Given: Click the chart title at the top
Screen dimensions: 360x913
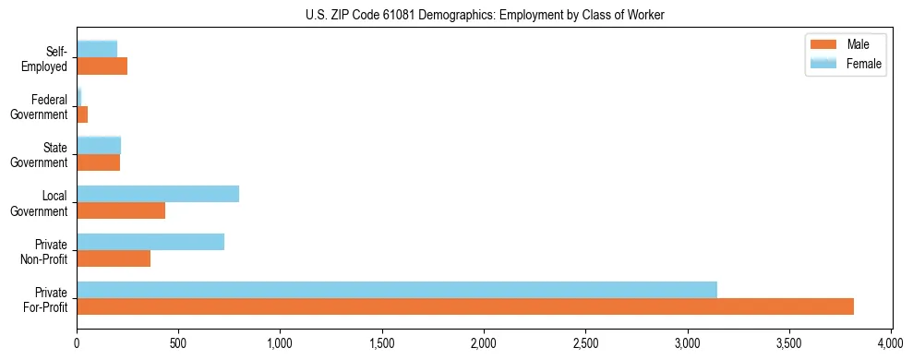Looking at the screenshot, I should coord(484,16).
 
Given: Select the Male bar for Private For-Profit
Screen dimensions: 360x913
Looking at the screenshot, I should coord(465,306).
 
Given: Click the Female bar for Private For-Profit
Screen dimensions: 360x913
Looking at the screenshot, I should coord(397,290).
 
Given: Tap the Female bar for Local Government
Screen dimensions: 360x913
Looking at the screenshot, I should coord(158,194).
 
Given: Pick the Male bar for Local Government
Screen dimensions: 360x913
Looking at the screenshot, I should coord(121,210).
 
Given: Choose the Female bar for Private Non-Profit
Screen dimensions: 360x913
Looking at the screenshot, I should coord(150,242).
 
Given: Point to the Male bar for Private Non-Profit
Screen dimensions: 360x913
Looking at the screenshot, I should coord(114,258).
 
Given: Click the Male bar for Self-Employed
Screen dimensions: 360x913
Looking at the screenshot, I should coord(102,66).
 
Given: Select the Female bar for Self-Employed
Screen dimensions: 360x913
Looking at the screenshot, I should coord(97,50).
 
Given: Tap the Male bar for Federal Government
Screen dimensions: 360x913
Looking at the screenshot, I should coord(82,114).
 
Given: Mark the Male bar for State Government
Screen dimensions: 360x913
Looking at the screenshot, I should coord(99,162).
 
